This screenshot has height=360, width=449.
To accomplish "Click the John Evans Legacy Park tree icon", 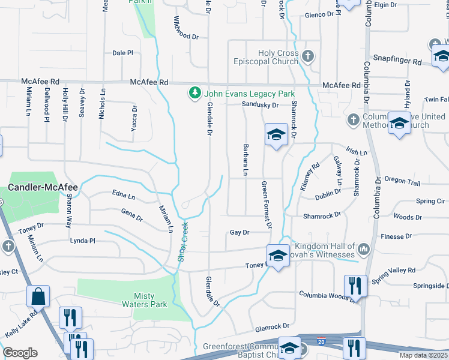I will pyautogui.click(x=195, y=94).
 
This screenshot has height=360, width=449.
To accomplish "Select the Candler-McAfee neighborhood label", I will pyautogui.click(x=42, y=187).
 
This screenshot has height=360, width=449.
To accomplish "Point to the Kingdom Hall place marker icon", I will pyautogui.click(x=363, y=248).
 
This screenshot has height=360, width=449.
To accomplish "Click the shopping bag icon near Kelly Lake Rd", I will pyautogui.click(x=38, y=295).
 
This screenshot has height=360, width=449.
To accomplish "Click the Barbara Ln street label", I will pyautogui.click(x=245, y=160).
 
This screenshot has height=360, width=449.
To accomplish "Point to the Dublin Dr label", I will pyautogui.click(x=328, y=194).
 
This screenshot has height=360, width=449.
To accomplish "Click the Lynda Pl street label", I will pyautogui.click(x=83, y=241).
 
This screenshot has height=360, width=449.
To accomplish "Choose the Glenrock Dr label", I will pyautogui.click(x=272, y=327).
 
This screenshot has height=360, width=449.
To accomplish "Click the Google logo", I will pyautogui.click(x=20, y=353).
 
